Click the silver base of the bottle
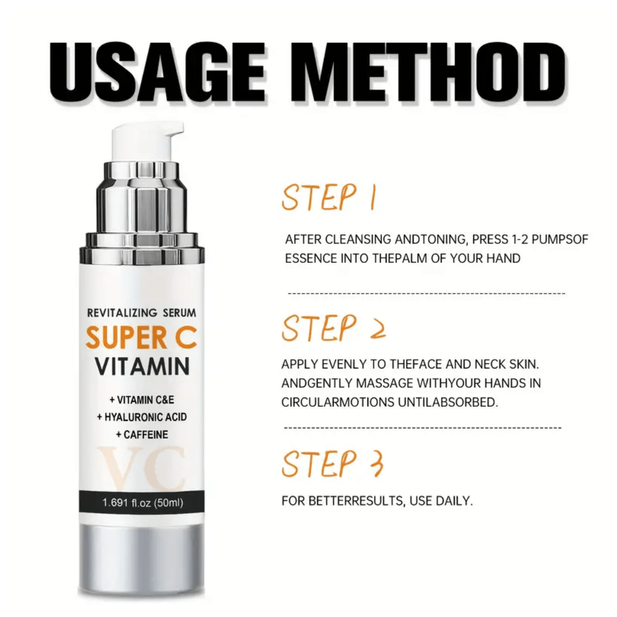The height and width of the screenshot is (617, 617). coord(142,556)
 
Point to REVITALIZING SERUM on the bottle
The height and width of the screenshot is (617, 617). coord(142,312)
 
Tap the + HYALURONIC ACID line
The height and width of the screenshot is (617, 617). coord(142,417)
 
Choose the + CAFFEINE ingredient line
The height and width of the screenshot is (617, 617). coord(142,435)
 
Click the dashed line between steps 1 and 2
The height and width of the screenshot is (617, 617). coord(426,293)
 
